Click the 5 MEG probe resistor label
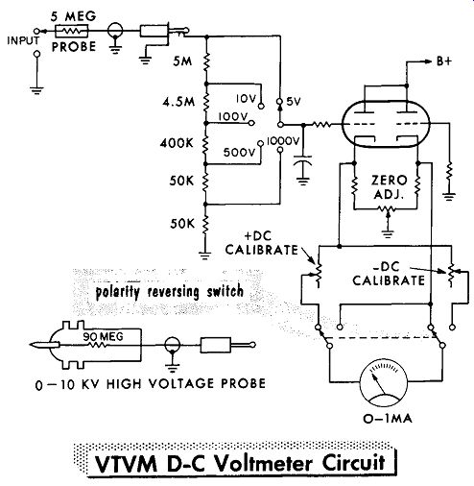pos(73,16)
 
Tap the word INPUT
pos(23,40)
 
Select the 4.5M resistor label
pos(178,102)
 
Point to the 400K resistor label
pos(177,143)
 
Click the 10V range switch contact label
pos(247,99)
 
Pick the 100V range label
pos(233,117)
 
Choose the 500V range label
pos(240,152)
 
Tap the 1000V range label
pos(283,141)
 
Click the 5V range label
pos(294,102)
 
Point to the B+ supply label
pos(444,61)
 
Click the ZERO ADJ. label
pos(390,186)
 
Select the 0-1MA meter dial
pos(384,385)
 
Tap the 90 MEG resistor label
pos(103,336)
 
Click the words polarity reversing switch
pos(170,292)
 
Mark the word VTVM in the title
pos(127,464)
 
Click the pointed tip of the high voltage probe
pos(31,345)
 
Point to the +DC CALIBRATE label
pos(261,243)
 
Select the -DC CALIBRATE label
pos(389,275)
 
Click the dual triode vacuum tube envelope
pos(386,124)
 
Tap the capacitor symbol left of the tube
pos(302,161)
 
